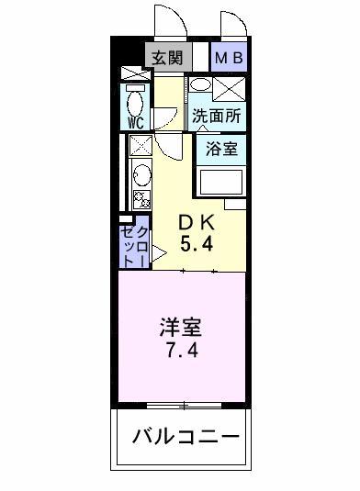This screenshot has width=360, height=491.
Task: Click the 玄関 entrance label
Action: (x=166, y=57)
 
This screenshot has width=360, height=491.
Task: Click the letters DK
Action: (x=194, y=223)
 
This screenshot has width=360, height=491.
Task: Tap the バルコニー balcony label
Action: (x=184, y=434)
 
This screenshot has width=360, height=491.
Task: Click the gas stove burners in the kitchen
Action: (x=141, y=199)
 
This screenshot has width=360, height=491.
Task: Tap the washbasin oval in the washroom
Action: (x=199, y=88)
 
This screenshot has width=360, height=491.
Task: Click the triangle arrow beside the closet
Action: (x=157, y=249)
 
